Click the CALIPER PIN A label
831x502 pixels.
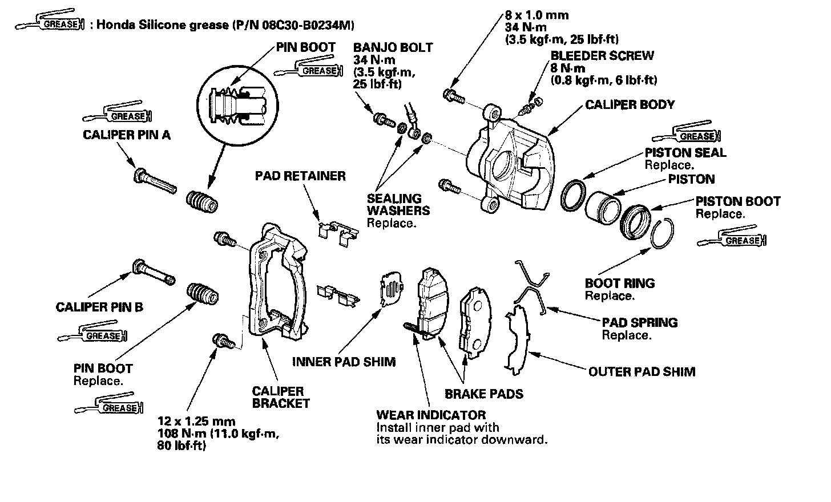point(127,135)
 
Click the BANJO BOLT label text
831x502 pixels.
point(393,47)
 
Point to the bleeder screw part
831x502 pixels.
point(532,104)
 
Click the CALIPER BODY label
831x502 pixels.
point(630,105)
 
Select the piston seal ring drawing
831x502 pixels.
point(573,194)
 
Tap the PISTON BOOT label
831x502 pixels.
point(737,201)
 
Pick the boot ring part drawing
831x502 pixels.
point(662,234)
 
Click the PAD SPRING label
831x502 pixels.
point(640,322)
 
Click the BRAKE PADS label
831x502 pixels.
point(484,394)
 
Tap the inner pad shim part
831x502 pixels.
point(393,288)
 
